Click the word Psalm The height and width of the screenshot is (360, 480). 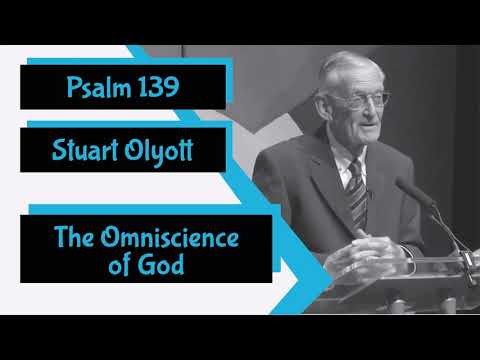tap(95, 86)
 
